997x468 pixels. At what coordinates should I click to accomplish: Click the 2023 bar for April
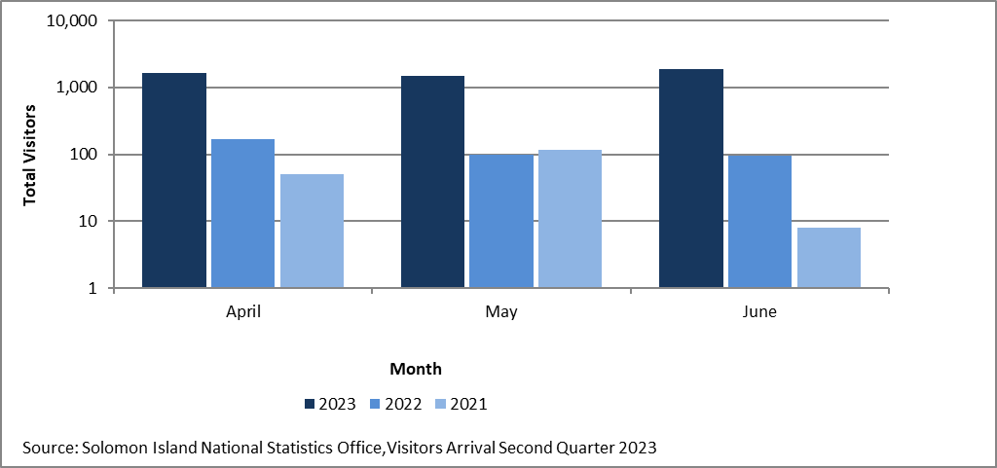(x=174, y=181)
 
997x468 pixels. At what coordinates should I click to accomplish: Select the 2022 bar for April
(x=242, y=214)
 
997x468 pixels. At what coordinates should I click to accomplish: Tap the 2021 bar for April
(x=312, y=232)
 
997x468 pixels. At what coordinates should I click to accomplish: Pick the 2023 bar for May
(x=432, y=182)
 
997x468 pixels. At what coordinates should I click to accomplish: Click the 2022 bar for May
(x=501, y=222)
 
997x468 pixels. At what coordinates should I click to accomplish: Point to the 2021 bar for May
(x=570, y=219)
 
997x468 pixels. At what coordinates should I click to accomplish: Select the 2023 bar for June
(x=691, y=179)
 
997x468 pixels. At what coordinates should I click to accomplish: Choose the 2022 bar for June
(x=759, y=222)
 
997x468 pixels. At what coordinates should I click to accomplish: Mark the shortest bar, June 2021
(x=829, y=258)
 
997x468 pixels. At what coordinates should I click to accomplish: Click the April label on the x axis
(x=242, y=313)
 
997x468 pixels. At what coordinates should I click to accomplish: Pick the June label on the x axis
(x=759, y=313)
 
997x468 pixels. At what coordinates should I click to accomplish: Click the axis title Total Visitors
(x=29, y=155)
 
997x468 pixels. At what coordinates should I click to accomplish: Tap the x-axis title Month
(x=416, y=369)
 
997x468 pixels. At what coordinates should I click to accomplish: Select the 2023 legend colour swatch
(x=311, y=404)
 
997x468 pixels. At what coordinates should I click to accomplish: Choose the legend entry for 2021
(x=461, y=404)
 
